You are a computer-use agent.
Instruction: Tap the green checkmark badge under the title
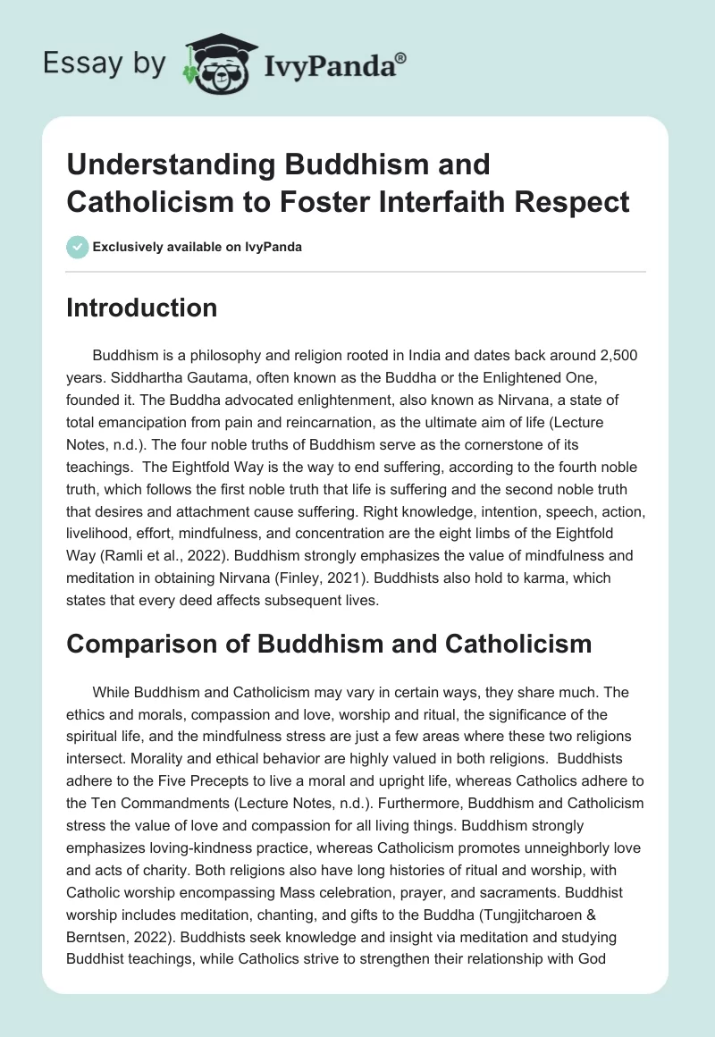(78, 247)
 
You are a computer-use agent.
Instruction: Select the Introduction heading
(141, 308)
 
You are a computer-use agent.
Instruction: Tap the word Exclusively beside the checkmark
(135, 247)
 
